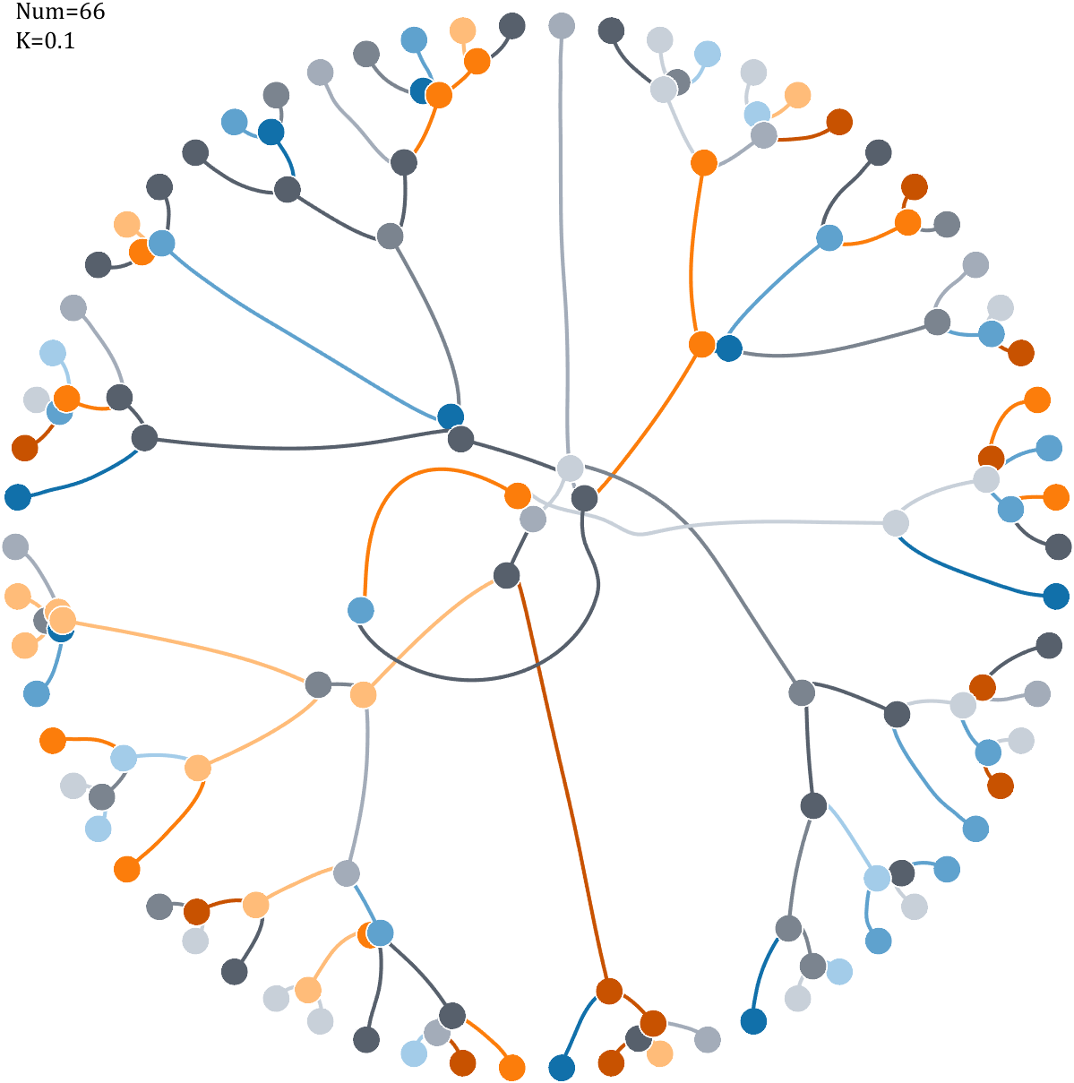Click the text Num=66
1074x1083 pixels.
(x=60, y=13)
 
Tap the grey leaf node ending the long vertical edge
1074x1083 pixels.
(x=561, y=26)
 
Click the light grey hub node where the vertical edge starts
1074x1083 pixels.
(x=570, y=468)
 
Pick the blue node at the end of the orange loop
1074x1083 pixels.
(x=360, y=610)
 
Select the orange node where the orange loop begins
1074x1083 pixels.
(x=518, y=494)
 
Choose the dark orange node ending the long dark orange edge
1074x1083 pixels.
(x=609, y=991)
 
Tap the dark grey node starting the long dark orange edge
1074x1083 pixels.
(x=507, y=575)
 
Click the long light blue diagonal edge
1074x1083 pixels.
(x=305, y=329)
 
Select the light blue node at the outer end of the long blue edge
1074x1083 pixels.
(x=162, y=243)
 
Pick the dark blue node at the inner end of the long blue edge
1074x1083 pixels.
(x=451, y=416)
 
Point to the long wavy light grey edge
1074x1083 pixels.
(x=717, y=524)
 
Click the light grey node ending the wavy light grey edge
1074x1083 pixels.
(x=896, y=522)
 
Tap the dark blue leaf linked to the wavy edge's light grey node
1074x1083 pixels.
(x=1056, y=596)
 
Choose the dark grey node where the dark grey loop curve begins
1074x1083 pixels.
(x=584, y=498)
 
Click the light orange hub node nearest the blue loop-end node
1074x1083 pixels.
(x=363, y=694)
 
